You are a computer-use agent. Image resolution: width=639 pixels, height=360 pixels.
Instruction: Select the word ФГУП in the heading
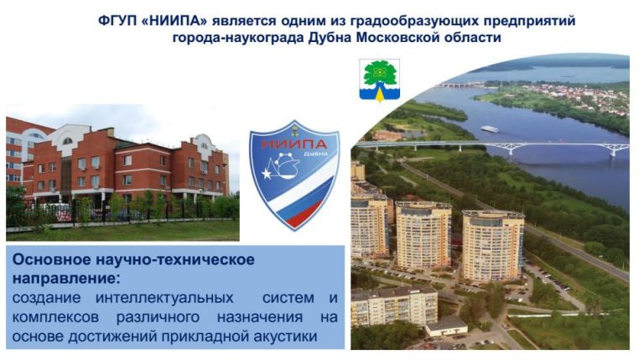pyautogui.click(x=117, y=19)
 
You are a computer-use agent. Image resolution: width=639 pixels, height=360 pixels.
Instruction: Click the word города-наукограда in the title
pyautogui.click(x=237, y=37)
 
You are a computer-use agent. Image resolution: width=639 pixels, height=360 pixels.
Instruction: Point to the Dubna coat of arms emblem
pyautogui.click(x=379, y=80)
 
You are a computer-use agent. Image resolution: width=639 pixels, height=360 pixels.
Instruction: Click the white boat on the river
pyautogui.click(x=489, y=128)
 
